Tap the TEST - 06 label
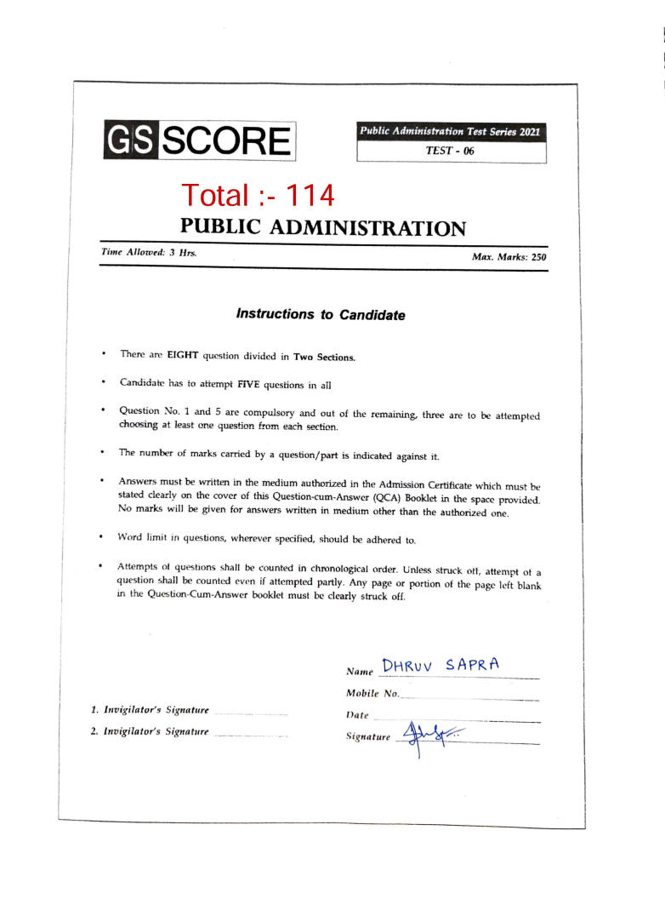451,151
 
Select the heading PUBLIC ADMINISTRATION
323,228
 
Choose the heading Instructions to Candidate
321,315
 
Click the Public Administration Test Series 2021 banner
451,132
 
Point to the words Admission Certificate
441,482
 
